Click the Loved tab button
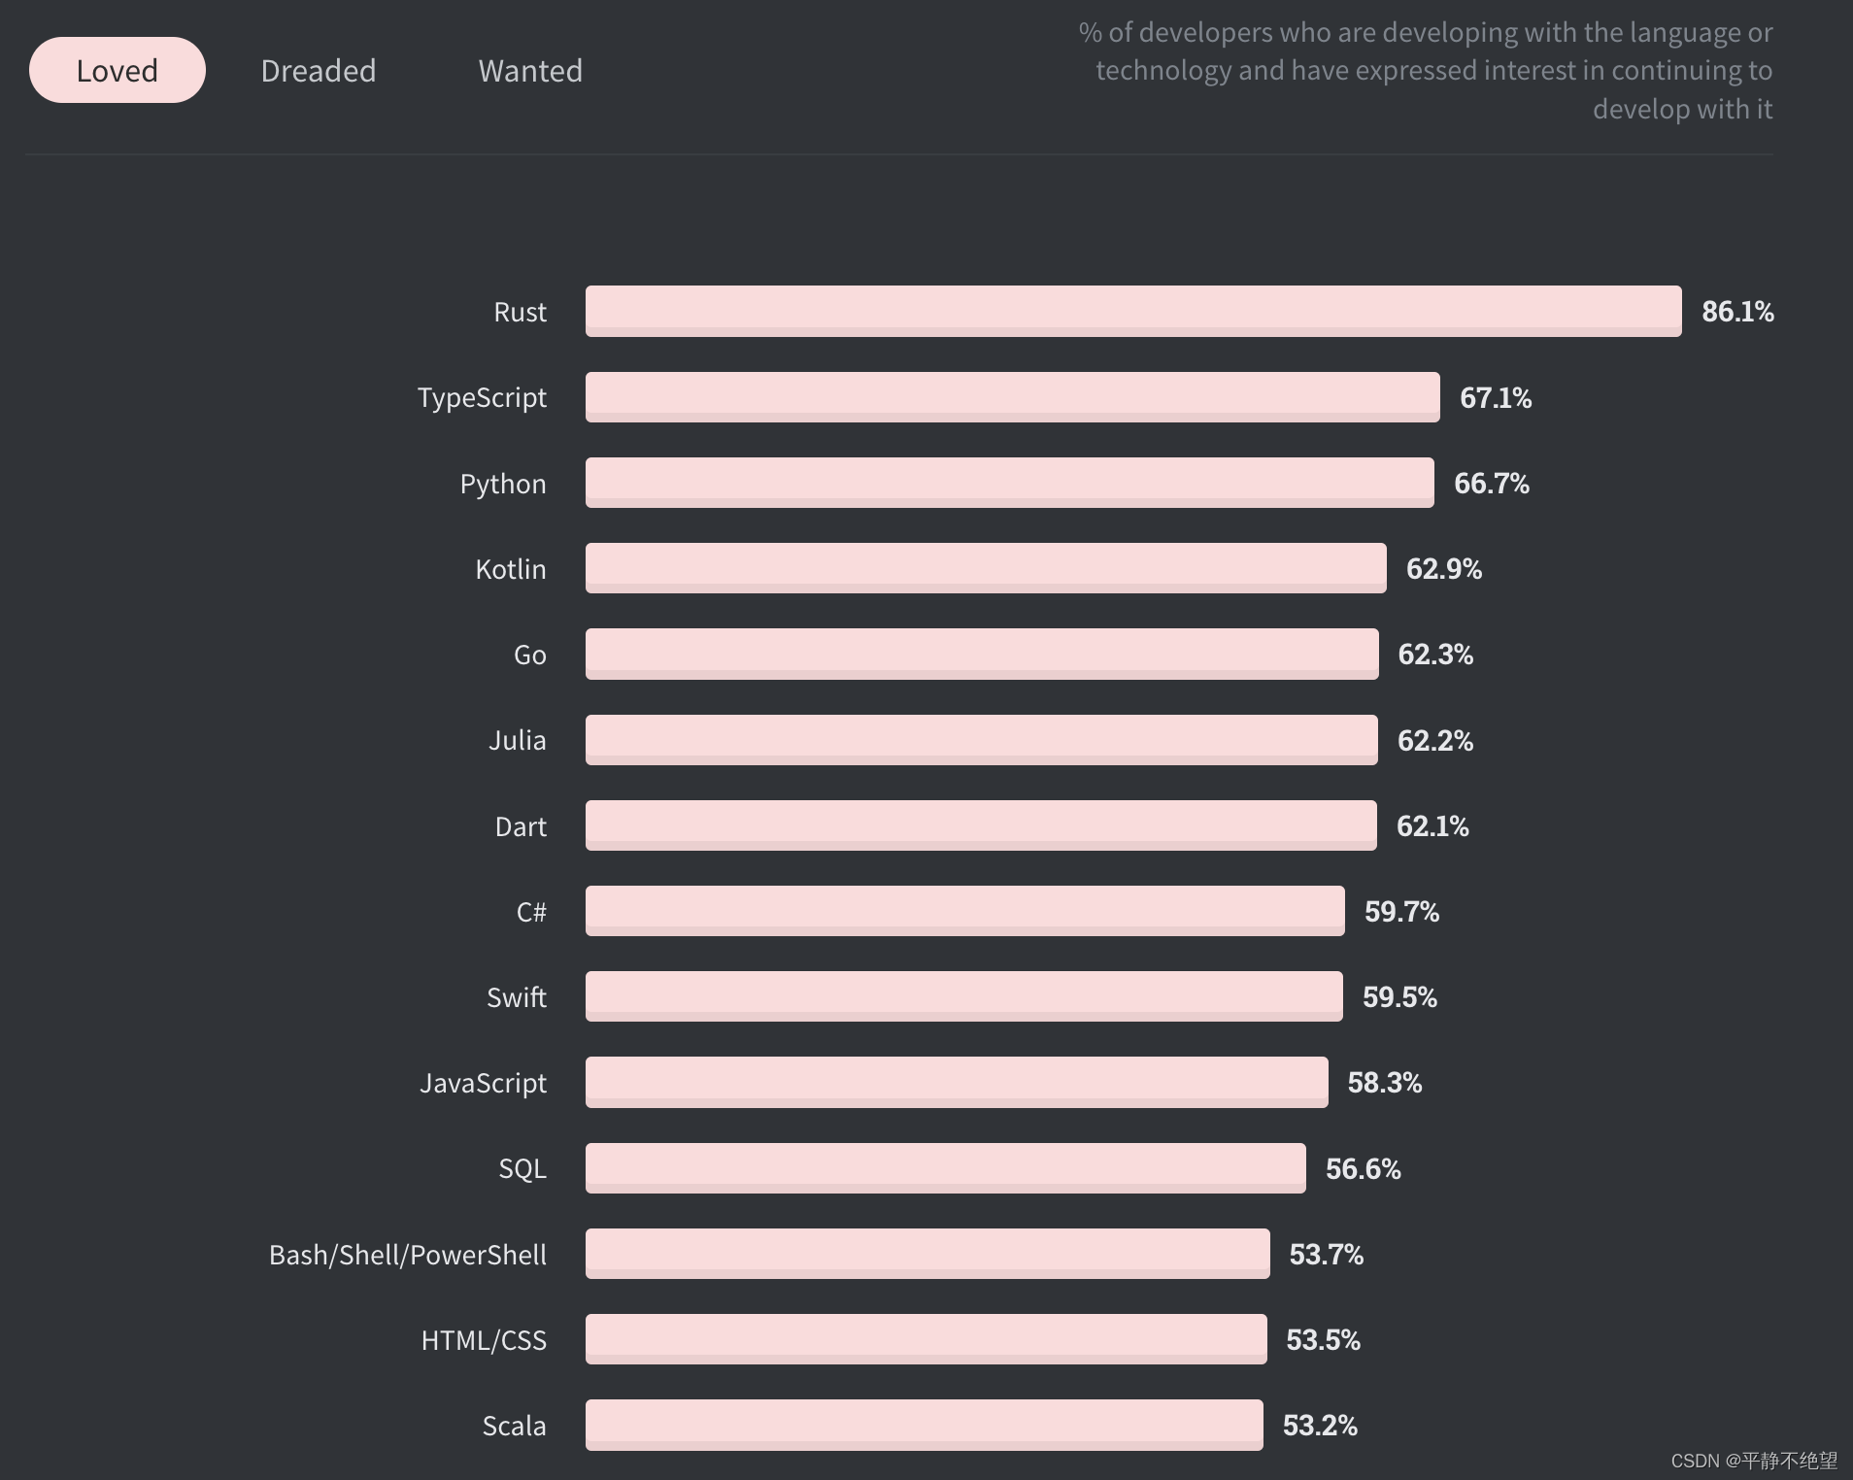pos(117,71)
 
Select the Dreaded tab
pos(318,71)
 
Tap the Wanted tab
pos(530,71)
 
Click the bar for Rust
pos(1132,311)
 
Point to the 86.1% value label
pos(1737,312)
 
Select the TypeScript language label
pos(482,398)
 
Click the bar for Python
pos(1009,483)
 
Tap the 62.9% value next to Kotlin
pos(1443,569)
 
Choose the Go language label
pos(529,656)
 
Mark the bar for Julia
pos(981,740)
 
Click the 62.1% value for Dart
pos(1432,826)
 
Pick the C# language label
pos(531,912)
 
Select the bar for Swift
pos(963,996)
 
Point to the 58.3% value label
pos(1384,1083)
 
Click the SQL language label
pos(522,1168)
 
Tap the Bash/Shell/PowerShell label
pos(407,1255)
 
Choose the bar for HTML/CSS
pos(926,1339)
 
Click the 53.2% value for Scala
pos(1320,1426)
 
